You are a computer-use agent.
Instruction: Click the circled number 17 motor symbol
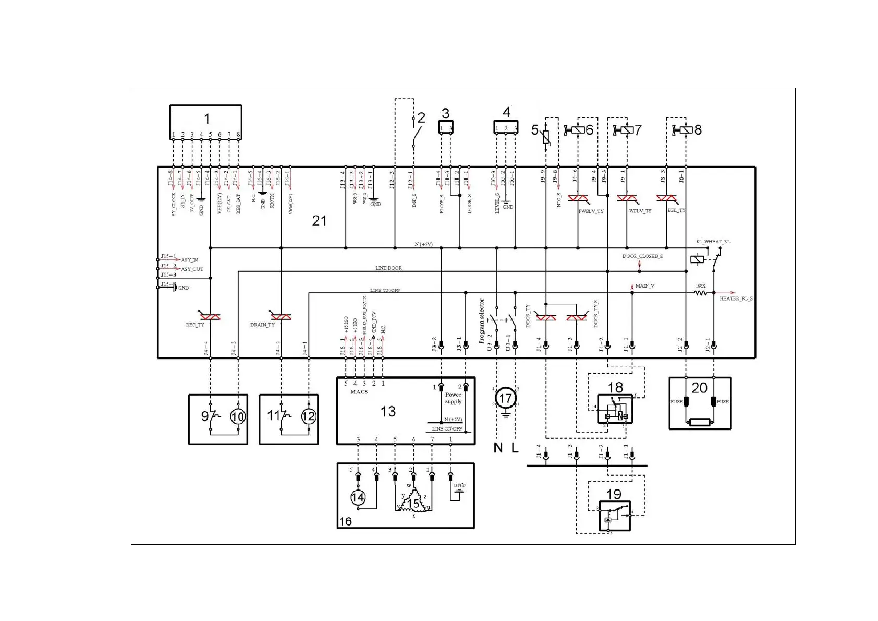pyautogui.click(x=505, y=399)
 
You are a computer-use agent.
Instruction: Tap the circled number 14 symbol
pyautogui.click(x=358, y=497)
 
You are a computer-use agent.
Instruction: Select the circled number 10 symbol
pyautogui.click(x=238, y=416)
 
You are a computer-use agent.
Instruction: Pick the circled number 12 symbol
pyautogui.click(x=309, y=416)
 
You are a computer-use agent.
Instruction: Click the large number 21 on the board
pyautogui.click(x=319, y=221)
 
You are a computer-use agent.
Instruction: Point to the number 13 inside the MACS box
pyautogui.click(x=388, y=412)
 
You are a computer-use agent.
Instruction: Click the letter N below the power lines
pyautogui.click(x=498, y=447)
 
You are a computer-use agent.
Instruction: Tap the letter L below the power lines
pyautogui.click(x=515, y=447)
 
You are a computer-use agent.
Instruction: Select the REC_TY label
pyautogui.click(x=195, y=325)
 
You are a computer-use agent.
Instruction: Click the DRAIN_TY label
pyautogui.click(x=262, y=325)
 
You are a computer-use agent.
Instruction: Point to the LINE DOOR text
pyautogui.click(x=388, y=268)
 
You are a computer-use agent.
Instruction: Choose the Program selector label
pyautogui.click(x=482, y=320)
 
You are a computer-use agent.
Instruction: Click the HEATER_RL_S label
pyautogui.click(x=736, y=299)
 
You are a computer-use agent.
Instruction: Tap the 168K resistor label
pyautogui.click(x=701, y=286)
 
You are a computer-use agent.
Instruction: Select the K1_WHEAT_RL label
pyautogui.click(x=713, y=242)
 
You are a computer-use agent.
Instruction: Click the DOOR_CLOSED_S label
pyautogui.click(x=642, y=256)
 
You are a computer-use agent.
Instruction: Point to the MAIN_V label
pyautogui.click(x=645, y=286)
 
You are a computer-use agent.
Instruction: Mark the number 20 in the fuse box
pyautogui.click(x=699, y=388)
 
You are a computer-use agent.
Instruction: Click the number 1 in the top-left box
pyautogui.click(x=207, y=119)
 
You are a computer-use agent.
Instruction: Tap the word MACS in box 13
pyautogui.click(x=359, y=392)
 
